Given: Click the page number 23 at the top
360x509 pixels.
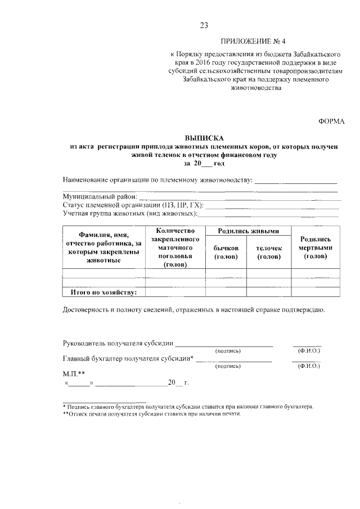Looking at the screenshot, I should pos(204,25).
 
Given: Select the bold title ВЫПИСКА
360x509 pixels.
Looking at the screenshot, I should pos(204,138).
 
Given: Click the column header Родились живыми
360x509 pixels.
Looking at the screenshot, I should pos(249,231).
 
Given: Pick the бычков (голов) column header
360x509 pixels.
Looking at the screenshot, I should pos(226,252).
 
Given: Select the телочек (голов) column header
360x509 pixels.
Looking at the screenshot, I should pos(269,252).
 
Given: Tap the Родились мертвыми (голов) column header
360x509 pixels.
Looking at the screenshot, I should pos(316,248).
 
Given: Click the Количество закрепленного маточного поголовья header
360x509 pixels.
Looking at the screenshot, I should pos(175,248).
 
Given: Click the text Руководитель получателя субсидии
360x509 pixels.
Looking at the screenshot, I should pos(118,344).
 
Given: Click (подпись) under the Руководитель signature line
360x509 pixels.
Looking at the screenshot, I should pos(228,351).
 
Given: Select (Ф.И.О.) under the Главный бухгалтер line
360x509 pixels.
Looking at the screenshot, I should pos(308,366).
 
